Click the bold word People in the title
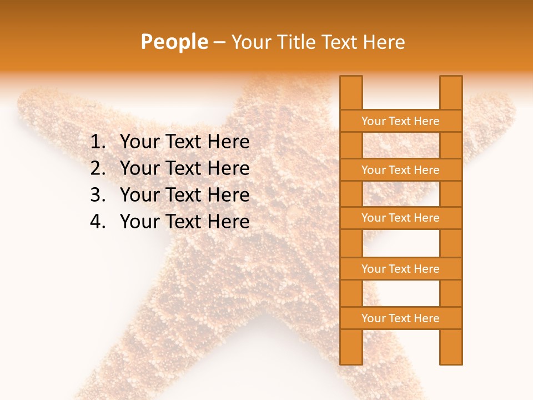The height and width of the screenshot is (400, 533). coord(174,42)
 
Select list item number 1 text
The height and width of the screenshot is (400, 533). coord(184,142)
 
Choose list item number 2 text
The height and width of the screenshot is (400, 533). coord(184,168)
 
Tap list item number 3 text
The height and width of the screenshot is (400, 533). coord(184,195)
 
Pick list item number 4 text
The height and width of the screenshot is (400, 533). coord(184,222)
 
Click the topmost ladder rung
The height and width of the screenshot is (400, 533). coord(400,121)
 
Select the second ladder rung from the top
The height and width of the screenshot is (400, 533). coord(400,170)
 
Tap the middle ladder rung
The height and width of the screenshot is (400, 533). coord(400,218)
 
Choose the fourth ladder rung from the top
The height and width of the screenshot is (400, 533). coord(400,269)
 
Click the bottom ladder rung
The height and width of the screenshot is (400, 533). coord(400,318)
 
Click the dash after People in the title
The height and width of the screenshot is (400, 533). coord(219,42)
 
